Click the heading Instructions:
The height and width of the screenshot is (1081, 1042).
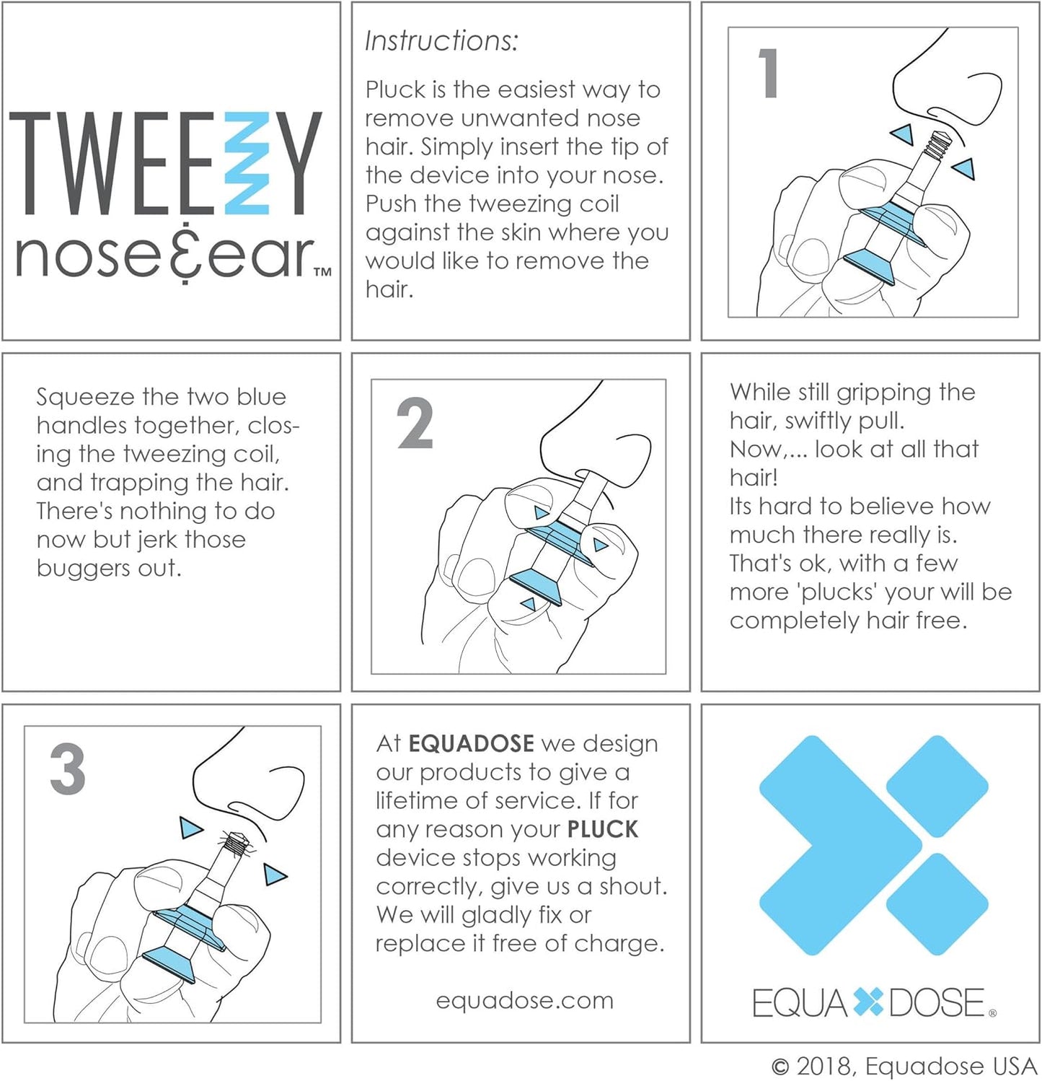[x=441, y=41]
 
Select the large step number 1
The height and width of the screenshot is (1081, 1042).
[x=769, y=73]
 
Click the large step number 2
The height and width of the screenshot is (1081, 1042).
[x=415, y=424]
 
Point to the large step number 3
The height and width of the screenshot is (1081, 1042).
[x=68, y=769]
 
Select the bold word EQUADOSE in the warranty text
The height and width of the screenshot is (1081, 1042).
[x=472, y=743]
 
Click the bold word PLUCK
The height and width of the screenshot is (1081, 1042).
[x=603, y=829]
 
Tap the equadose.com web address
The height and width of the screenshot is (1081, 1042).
[x=524, y=1000]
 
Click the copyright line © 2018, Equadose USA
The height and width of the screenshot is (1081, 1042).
[x=904, y=1066]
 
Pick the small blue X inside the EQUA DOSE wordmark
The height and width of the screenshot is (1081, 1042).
[x=868, y=1003]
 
